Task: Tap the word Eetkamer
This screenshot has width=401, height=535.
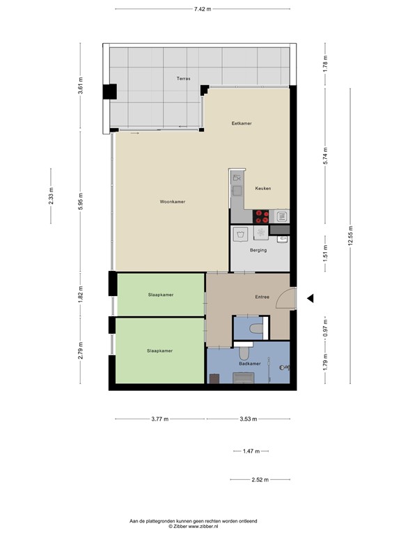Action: (242, 123)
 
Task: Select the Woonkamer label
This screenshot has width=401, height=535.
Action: (172, 202)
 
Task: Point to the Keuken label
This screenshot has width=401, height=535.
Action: (262, 189)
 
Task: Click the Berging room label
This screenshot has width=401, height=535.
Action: (258, 250)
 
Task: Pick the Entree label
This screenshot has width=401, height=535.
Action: (262, 297)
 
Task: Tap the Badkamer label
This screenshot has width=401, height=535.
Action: (249, 364)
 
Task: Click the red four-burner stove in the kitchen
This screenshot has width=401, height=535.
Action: (261, 216)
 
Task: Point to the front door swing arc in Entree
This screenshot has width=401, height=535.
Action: (285, 300)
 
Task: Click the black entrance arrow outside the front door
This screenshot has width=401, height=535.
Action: (311, 298)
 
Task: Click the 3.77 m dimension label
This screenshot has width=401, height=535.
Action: (160, 419)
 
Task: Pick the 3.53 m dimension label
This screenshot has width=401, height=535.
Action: (248, 419)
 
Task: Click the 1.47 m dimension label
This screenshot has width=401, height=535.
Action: (250, 451)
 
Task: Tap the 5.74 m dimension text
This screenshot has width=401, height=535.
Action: (325, 162)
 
